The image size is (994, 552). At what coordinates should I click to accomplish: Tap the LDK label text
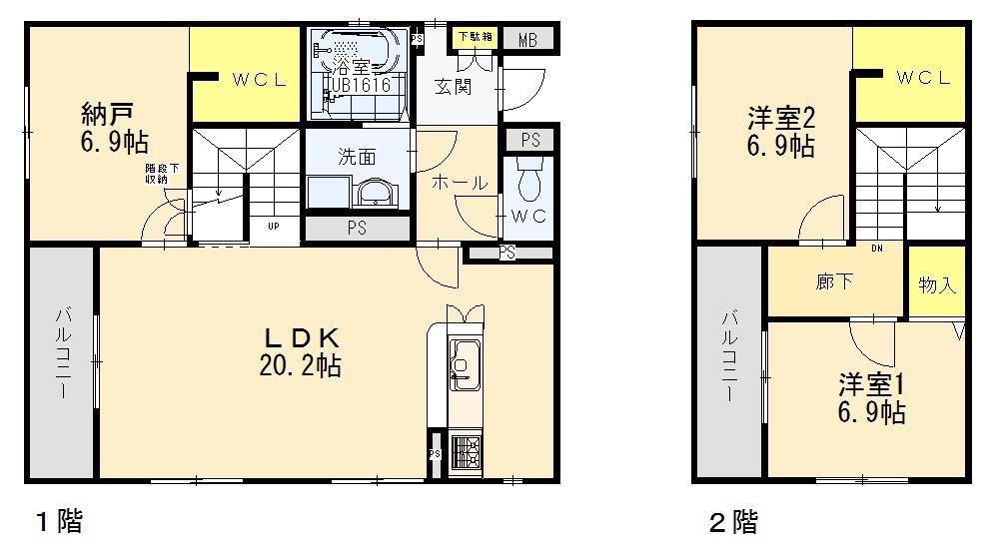click(300, 336)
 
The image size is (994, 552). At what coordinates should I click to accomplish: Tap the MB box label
click(527, 40)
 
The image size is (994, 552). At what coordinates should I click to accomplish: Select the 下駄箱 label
click(475, 37)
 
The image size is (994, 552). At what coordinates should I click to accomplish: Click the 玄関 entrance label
click(453, 87)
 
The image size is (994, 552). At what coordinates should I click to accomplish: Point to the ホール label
click(459, 183)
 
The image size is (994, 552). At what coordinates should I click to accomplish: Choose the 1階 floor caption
click(59, 520)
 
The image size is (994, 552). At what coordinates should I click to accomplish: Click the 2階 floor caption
click(732, 520)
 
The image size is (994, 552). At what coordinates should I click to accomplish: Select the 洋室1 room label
click(871, 382)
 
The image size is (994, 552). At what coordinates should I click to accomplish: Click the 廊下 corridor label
click(834, 281)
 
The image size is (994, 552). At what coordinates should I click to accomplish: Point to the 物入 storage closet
click(937, 284)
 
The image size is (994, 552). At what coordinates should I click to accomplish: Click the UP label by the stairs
click(273, 226)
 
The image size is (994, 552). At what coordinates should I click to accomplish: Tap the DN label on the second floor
click(876, 248)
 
